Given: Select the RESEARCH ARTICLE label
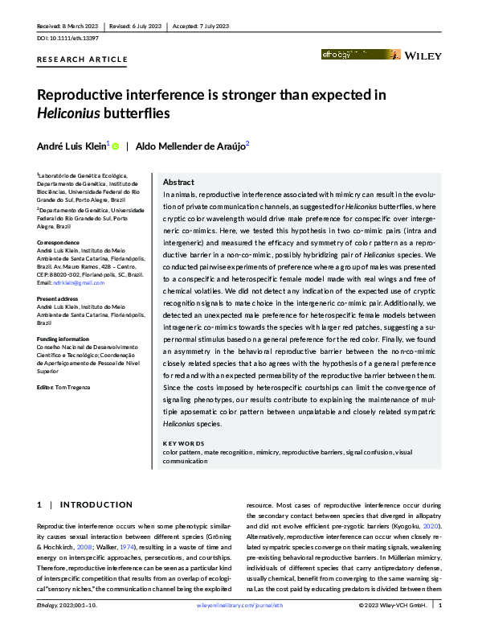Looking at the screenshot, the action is (82, 60).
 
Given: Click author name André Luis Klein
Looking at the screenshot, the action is (73, 146).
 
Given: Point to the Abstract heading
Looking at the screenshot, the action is (179, 182).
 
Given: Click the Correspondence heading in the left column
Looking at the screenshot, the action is (59, 241).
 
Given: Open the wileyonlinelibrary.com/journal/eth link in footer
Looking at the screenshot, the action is (239, 605).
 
